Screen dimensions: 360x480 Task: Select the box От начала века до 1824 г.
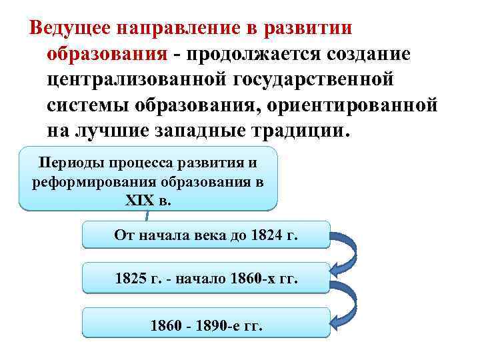(205, 235)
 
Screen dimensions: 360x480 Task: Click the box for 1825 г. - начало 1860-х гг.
(205, 278)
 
